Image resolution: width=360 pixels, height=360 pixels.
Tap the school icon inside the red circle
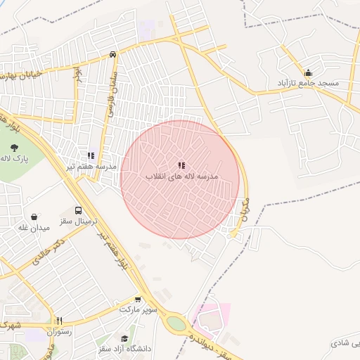click(x=181, y=165)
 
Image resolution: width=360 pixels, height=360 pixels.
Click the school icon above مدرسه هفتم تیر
click(x=91, y=155)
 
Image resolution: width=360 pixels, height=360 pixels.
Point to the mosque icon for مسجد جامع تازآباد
click(x=308, y=72)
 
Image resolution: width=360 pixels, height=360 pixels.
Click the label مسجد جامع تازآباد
click(x=309, y=83)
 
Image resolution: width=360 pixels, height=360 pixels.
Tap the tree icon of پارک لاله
click(x=15, y=148)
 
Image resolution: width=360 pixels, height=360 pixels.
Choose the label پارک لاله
click(x=15, y=160)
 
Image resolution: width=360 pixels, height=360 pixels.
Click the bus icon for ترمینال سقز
click(x=77, y=210)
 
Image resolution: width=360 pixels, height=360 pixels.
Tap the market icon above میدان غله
click(x=34, y=217)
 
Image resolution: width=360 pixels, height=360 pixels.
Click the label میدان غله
click(x=34, y=228)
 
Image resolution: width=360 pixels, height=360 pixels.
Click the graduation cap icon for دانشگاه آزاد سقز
click(x=125, y=337)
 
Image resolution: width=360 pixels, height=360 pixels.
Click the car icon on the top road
click(x=112, y=55)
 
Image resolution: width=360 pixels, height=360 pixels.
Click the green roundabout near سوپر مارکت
click(x=176, y=324)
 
